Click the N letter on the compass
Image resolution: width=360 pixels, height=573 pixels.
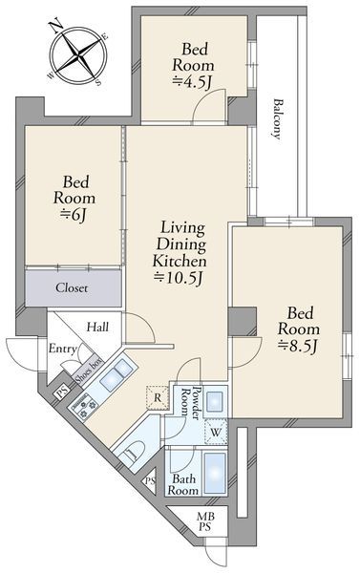pyautogui.click(x=54, y=25)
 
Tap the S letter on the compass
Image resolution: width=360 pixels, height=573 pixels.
pyautogui.click(x=98, y=82)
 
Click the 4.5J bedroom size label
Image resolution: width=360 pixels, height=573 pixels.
pyautogui.click(x=192, y=82)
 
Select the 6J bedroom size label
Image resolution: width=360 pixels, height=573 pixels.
pyautogui.click(x=74, y=215)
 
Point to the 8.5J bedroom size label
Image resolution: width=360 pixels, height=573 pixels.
pyautogui.click(x=298, y=346)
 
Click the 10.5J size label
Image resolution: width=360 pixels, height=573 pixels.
pyautogui.click(x=179, y=278)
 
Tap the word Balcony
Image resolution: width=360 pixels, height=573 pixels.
pyautogui.click(x=278, y=119)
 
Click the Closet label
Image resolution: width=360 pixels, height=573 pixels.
pyautogui.click(x=72, y=288)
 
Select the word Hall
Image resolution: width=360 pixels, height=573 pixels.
pyautogui.click(x=97, y=327)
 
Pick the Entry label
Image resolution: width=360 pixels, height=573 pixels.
pyautogui.click(x=62, y=349)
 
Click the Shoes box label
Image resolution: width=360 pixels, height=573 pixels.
pyautogui.click(x=88, y=370)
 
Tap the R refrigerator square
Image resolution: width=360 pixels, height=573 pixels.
pyautogui.click(x=158, y=397)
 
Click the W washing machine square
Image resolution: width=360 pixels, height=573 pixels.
pyautogui.click(x=216, y=433)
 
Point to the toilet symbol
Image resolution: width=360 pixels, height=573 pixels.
pyautogui.click(x=134, y=452)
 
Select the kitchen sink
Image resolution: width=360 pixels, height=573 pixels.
pyautogui.click(x=116, y=374)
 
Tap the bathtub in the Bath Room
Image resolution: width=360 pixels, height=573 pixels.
pyautogui.click(x=214, y=473)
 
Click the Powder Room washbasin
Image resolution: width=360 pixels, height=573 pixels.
pyautogui.click(x=216, y=402)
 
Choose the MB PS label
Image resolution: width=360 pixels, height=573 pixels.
pyautogui.click(x=205, y=521)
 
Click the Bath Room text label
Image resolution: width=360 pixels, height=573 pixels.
pyautogui.click(x=182, y=484)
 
